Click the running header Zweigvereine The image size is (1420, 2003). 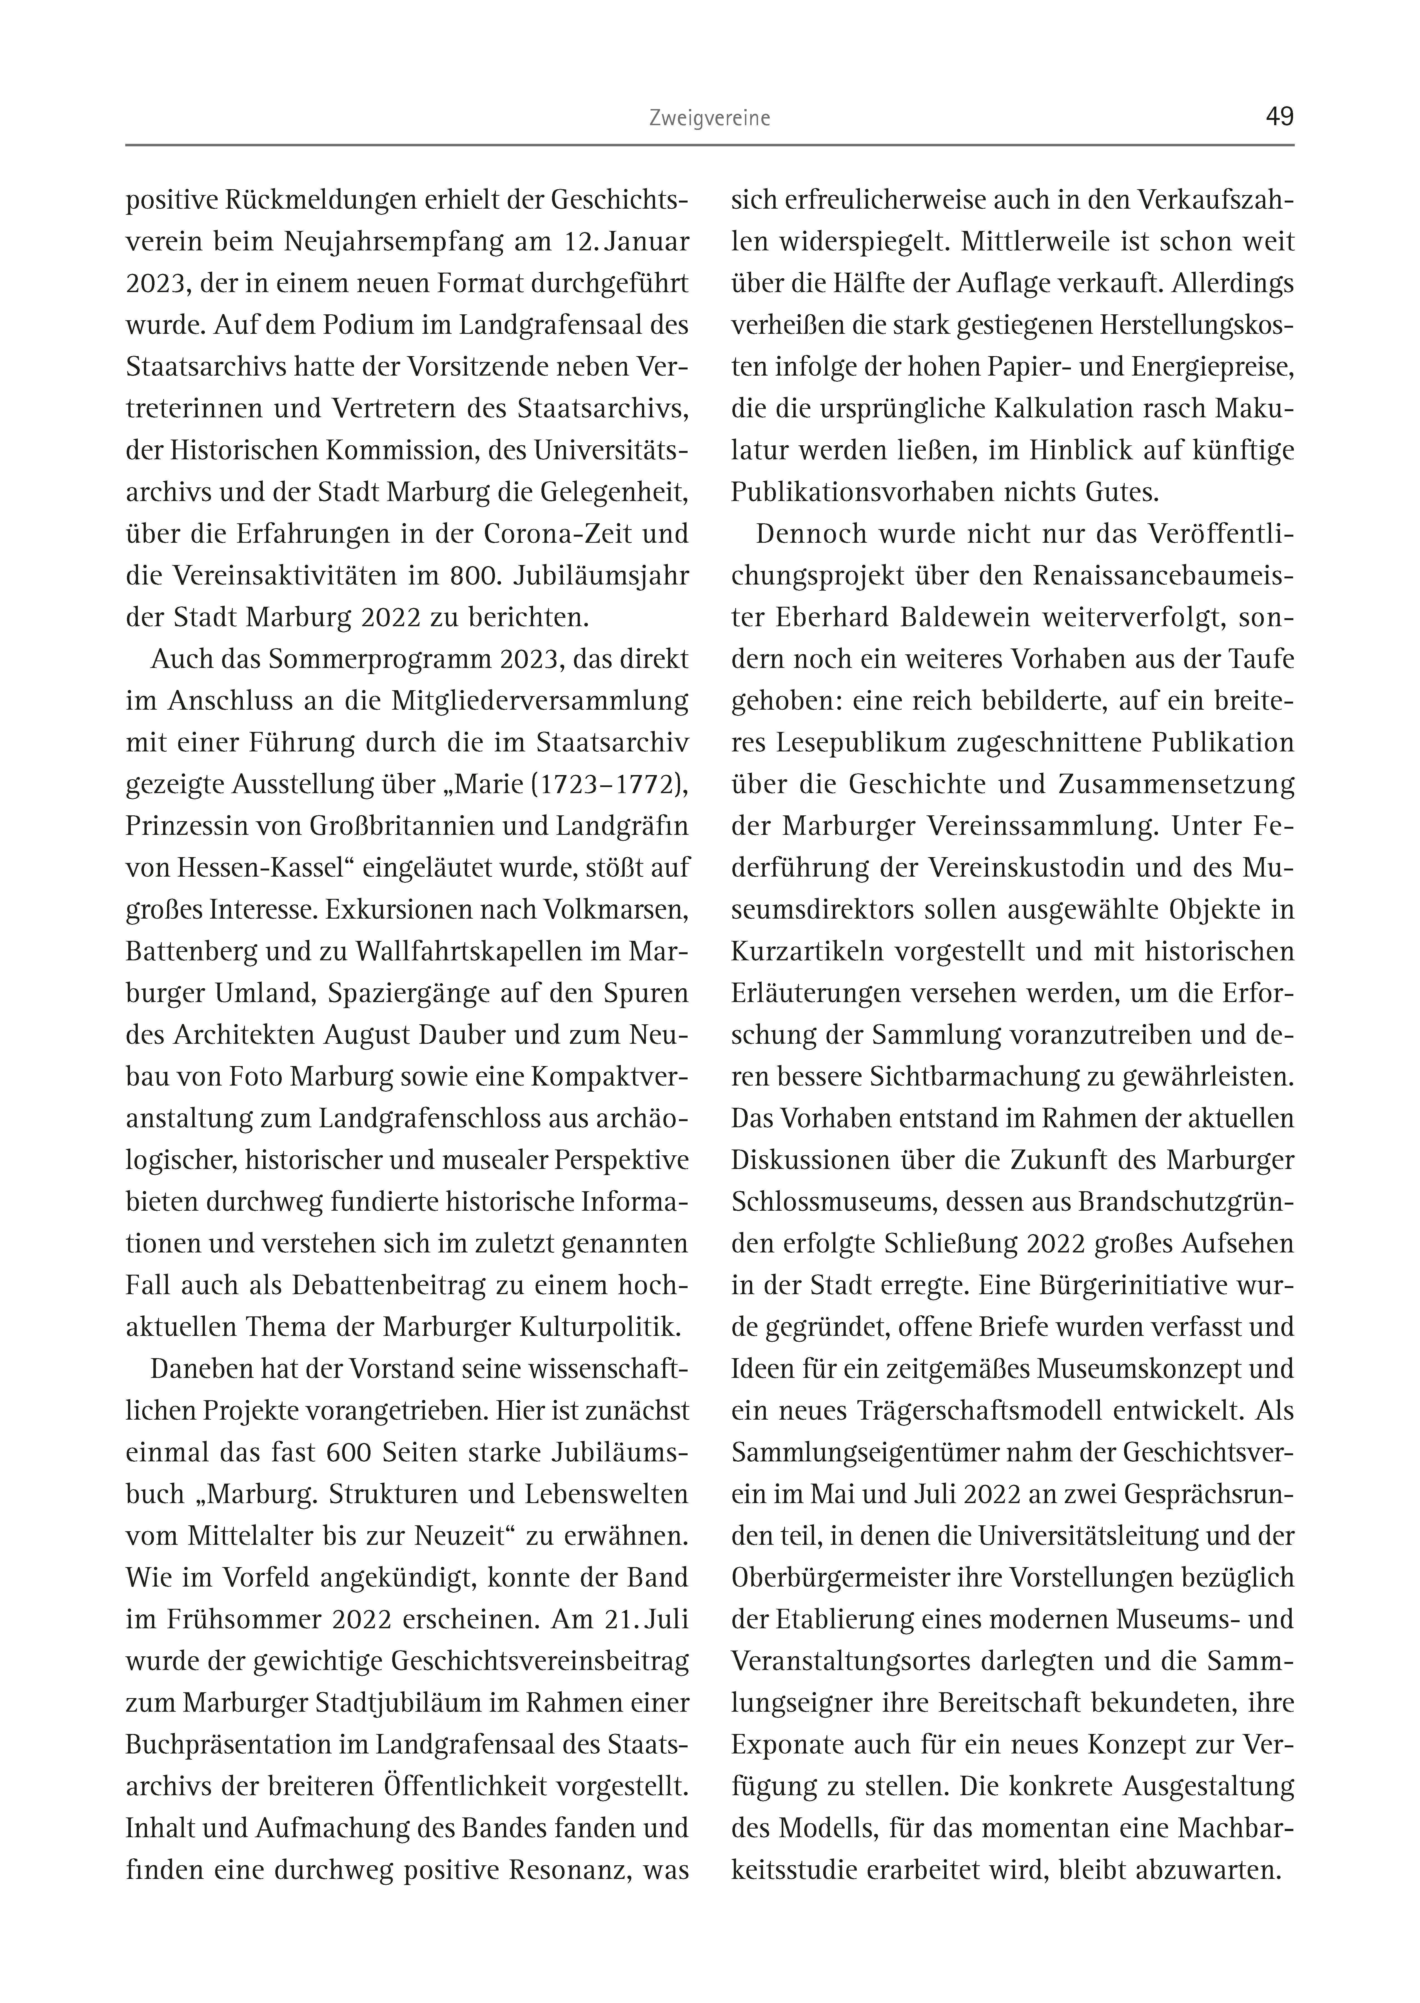tap(709, 119)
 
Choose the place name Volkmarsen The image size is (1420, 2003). tap(616, 910)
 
